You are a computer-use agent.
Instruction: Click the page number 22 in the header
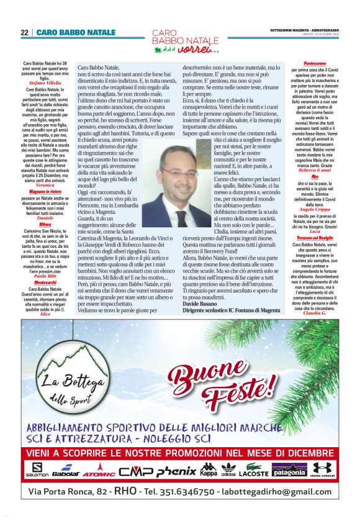click(24, 32)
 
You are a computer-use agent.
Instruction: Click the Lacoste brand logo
click(253, 470)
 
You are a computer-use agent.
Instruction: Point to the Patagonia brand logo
click(289, 470)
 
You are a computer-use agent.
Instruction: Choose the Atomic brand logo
click(99, 470)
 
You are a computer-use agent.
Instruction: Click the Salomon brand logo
click(37, 470)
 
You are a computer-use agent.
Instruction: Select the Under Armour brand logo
click(323, 470)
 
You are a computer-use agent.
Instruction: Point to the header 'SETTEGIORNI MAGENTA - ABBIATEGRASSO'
click(304, 30)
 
